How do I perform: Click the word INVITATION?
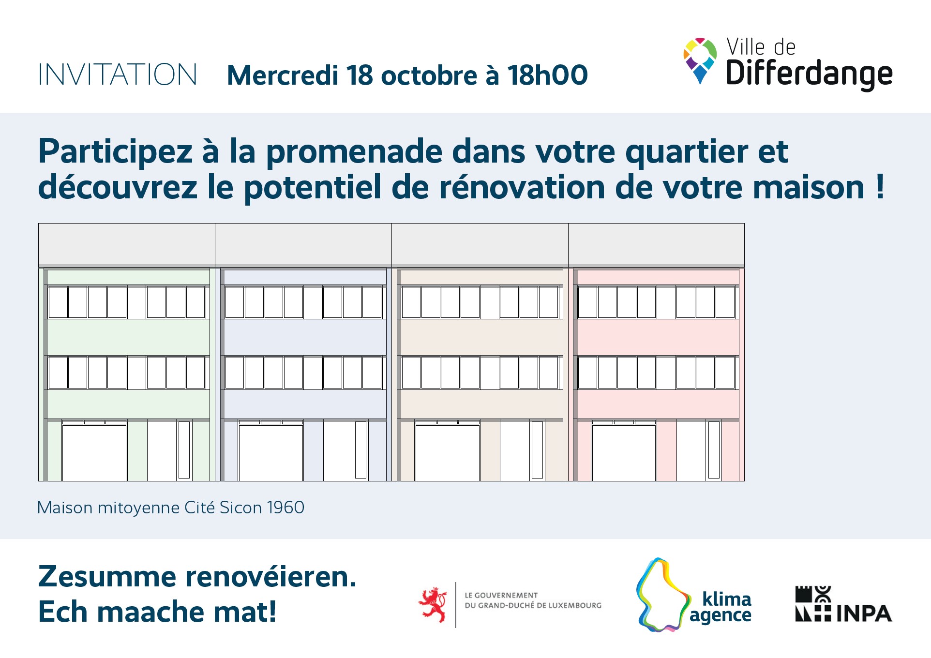pyautogui.click(x=118, y=75)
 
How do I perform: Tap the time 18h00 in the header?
pyautogui.click(x=547, y=75)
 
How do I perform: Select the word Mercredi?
pyautogui.click(x=283, y=75)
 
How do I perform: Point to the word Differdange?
pyautogui.click(x=809, y=75)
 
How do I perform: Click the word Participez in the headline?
pyautogui.click(x=115, y=152)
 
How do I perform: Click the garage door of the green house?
pyautogui.click(x=94, y=452)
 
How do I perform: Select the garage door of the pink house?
pyautogui.click(x=624, y=452)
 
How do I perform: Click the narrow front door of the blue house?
pyautogui.click(x=360, y=450)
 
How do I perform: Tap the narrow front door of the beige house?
pyautogui.click(x=537, y=450)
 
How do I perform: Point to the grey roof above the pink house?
pyautogui.click(x=656, y=244)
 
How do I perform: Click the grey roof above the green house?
pyautogui.click(x=127, y=244)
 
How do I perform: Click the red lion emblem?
pyautogui.click(x=433, y=605)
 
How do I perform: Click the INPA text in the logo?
pyautogui.click(x=864, y=613)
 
